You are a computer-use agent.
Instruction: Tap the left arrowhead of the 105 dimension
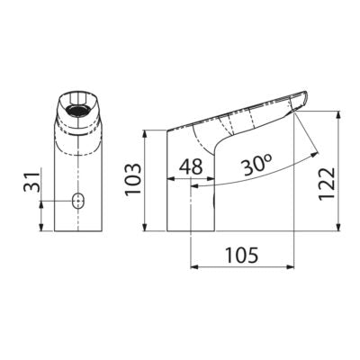(195, 267)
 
